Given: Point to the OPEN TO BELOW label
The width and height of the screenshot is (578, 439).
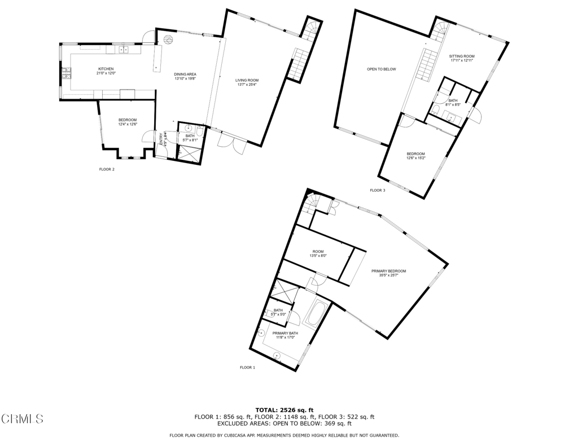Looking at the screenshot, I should (x=382, y=69).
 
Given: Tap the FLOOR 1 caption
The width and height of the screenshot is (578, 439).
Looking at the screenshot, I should (x=247, y=367).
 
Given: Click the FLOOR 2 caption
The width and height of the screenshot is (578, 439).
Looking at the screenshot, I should (x=107, y=169).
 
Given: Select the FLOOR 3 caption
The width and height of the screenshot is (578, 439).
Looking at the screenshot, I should (x=378, y=190).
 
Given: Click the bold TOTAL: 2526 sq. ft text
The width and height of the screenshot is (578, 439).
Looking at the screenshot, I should (x=284, y=410).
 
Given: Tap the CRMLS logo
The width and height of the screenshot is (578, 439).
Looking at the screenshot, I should (x=23, y=419).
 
